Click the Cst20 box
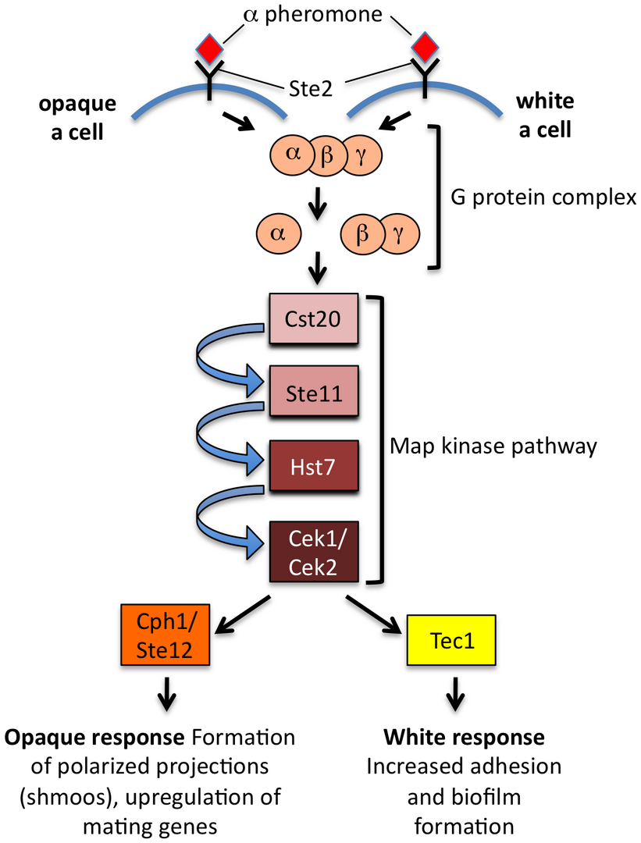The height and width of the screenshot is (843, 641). pos(313,319)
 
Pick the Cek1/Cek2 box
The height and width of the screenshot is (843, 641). pos(313,552)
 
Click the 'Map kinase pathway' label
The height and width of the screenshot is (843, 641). pos(493,446)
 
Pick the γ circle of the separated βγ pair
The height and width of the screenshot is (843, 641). pos(403,233)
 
